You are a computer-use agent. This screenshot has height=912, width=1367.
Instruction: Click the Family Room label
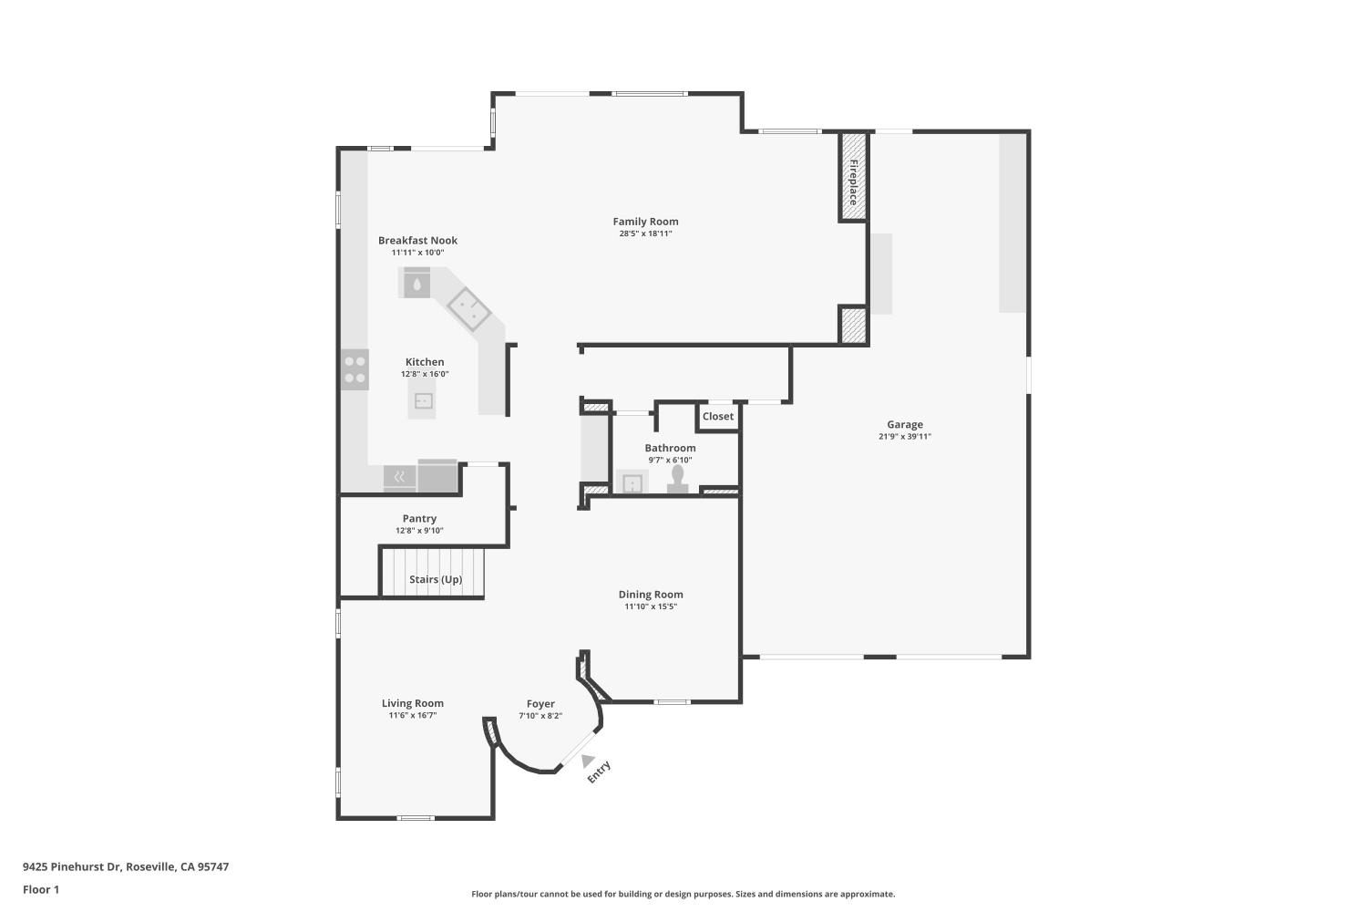tap(645, 222)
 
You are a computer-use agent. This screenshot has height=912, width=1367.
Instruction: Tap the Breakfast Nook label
tap(417, 241)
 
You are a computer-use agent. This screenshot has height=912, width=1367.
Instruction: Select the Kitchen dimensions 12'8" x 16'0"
tap(425, 374)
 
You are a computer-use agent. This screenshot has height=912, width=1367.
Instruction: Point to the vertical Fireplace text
tap(853, 182)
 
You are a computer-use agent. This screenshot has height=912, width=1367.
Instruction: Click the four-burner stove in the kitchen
tap(355, 369)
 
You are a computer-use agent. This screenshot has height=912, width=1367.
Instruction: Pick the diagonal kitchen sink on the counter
tap(468, 308)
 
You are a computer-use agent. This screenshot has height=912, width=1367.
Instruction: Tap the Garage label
tap(904, 425)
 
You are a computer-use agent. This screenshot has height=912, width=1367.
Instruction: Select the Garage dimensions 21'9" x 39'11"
tap(904, 436)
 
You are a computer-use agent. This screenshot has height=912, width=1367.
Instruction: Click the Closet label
tap(718, 417)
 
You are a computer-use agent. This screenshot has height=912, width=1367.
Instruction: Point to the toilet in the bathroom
tap(677, 480)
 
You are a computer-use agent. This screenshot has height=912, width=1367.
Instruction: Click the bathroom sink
tap(632, 482)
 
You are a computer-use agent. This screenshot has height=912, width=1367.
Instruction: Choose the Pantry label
tap(419, 519)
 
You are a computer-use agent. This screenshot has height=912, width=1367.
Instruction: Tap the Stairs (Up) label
tap(435, 579)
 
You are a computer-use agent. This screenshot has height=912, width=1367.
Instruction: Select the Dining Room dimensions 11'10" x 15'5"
tap(651, 606)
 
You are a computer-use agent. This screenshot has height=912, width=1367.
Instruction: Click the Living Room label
tap(413, 704)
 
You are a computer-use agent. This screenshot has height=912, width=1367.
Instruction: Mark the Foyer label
tap(540, 704)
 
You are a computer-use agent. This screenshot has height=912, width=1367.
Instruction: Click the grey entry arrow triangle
tap(587, 761)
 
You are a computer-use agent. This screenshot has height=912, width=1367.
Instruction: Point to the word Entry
tap(599, 772)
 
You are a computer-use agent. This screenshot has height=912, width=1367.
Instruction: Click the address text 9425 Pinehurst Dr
tap(72, 866)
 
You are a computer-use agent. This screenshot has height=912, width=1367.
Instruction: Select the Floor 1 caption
tap(41, 889)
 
